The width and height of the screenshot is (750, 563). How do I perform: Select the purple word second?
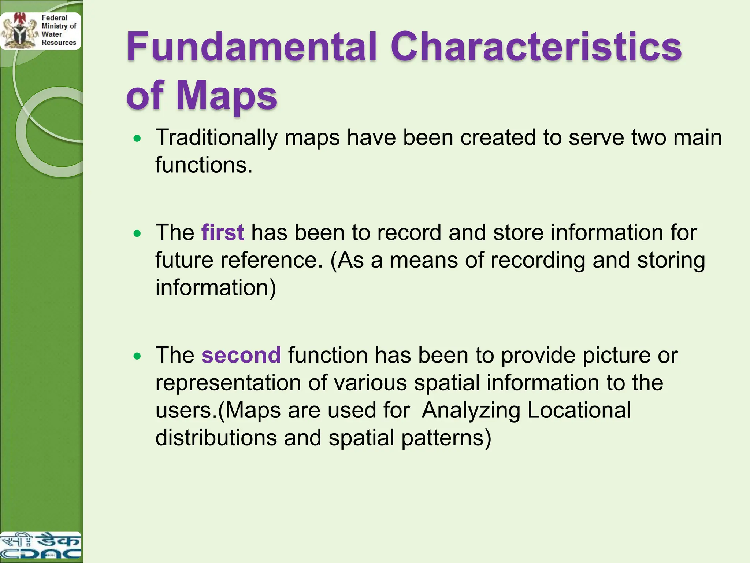(x=241, y=355)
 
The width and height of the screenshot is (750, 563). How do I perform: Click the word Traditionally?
(x=216, y=138)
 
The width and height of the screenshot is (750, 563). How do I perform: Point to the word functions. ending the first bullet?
(x=204, y=165)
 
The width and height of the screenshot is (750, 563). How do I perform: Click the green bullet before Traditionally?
(x=137, y=139)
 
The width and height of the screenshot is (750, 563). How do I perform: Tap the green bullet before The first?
(x=137, y=233)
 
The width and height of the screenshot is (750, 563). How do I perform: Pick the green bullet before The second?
(x=137, y=356)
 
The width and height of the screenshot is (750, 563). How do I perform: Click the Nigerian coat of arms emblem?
(x=18, y=31)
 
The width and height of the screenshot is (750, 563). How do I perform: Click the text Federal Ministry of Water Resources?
(x=58, y=30)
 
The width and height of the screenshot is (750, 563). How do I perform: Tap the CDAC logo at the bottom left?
(x=40, y=546)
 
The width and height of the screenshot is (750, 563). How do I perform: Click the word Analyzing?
(x=471, y=411)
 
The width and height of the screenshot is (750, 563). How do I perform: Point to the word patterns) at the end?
(x=446, y=438)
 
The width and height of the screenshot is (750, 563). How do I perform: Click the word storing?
(x=671, y=261)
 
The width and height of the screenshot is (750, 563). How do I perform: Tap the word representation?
(x=228, y=383)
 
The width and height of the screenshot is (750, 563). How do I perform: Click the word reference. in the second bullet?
(x=271, y=260)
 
